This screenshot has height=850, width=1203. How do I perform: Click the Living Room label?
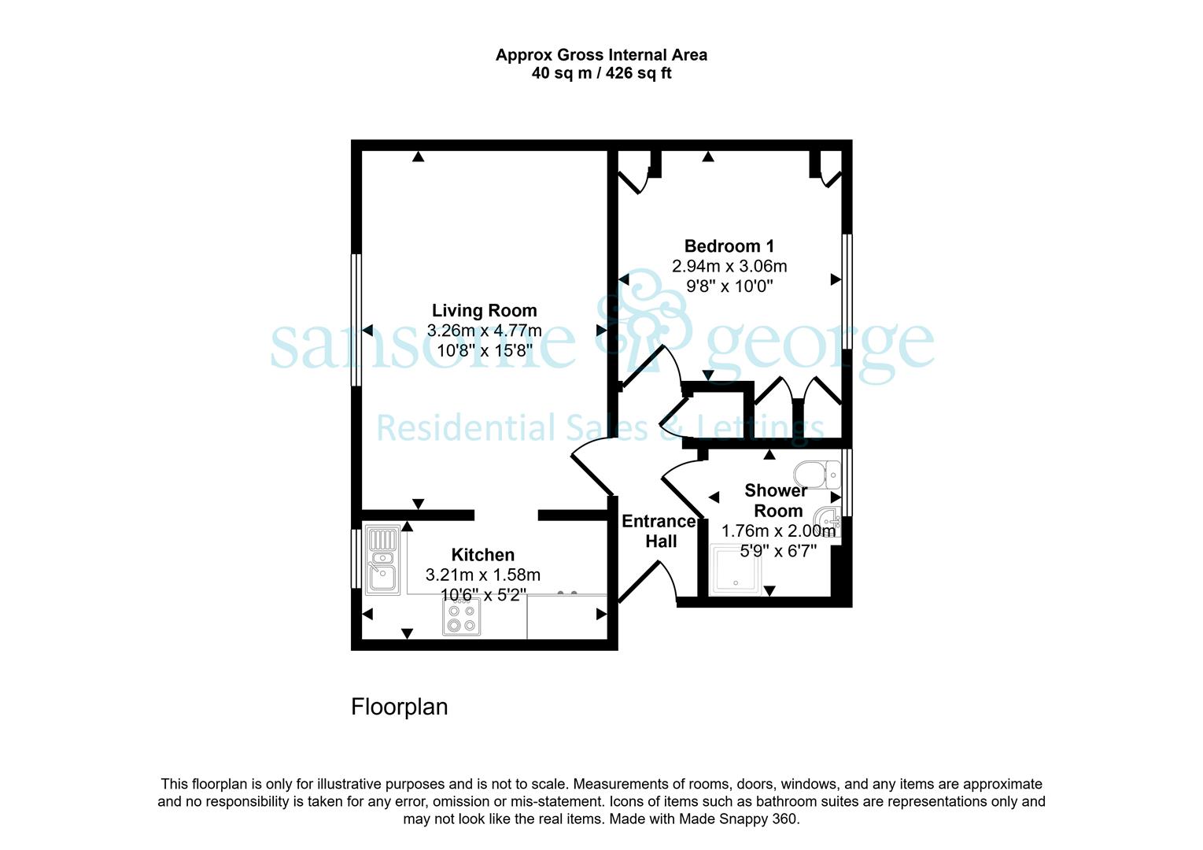coord(485,311)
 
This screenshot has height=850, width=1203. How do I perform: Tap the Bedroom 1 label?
coord(729,246)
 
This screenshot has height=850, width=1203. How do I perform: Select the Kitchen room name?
coord(483,555)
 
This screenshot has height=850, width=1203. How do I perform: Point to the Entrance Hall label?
coord(659,530)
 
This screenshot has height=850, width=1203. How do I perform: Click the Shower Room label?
coord(777,501)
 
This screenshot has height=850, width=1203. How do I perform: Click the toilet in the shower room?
coord(817,474)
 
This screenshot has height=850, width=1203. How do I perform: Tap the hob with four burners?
coord(461,616)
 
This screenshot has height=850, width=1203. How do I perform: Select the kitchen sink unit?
coord(382,560)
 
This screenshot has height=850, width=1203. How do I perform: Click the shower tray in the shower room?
coord(735,569)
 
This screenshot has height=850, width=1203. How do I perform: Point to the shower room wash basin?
coord(828,520)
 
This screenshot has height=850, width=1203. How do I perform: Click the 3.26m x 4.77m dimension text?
coord(485,330)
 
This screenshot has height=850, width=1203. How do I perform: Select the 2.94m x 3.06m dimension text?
coord(729,266)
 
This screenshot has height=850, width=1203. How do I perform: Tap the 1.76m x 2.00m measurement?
coord(778,530)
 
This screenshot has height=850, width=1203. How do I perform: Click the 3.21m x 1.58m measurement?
coord(483,575)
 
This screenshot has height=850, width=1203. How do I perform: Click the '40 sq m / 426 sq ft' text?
coord(601,72)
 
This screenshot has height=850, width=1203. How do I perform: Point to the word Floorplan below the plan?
coord(399,707)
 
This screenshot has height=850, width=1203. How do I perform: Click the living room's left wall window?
coord(356,320)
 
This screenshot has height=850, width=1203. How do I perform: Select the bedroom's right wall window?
coord(847,292)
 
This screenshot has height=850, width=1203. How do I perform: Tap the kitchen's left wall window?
coord(356,558)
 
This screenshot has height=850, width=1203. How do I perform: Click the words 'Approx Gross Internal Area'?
coord(601,55)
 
